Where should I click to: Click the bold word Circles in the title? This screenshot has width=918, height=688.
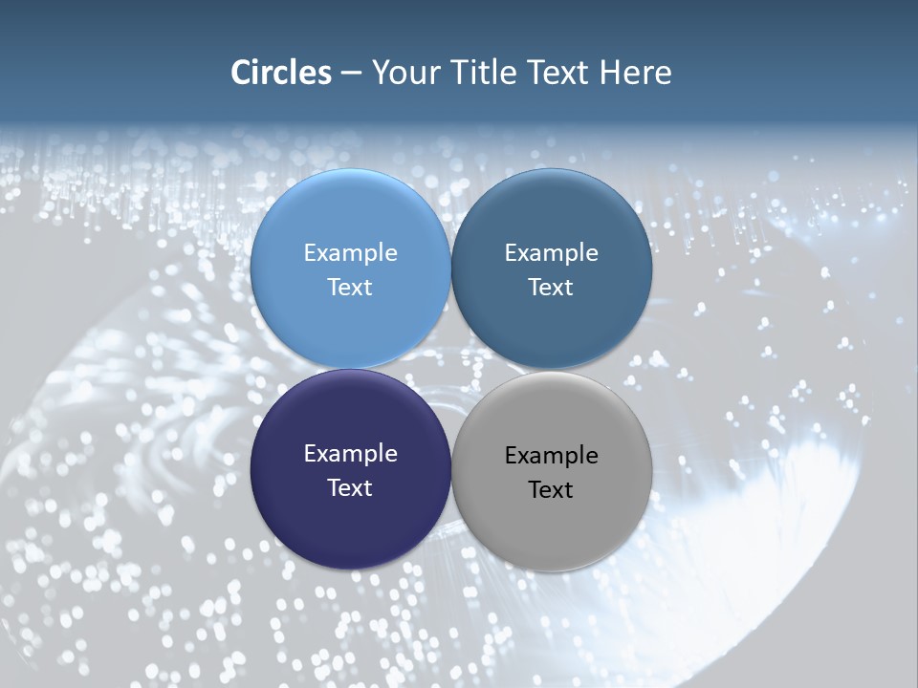point(281,73)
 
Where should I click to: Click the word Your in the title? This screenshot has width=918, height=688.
point(404,73)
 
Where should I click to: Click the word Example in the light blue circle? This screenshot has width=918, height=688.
point(350,252)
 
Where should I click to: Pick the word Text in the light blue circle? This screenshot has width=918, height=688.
point(350,287)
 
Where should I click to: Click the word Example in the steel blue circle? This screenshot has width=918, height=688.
point(552,252)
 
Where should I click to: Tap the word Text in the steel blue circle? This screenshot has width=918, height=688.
point(552,287)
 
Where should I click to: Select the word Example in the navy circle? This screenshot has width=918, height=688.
point(350,453)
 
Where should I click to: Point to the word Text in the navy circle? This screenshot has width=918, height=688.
point(350,487)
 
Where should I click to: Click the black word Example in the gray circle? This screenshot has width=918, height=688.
point(552,455)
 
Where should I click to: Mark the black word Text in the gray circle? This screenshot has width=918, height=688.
point(552,489)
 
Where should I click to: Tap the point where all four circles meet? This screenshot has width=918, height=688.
point(451,369)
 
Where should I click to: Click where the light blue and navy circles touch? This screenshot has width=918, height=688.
point(350,369)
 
